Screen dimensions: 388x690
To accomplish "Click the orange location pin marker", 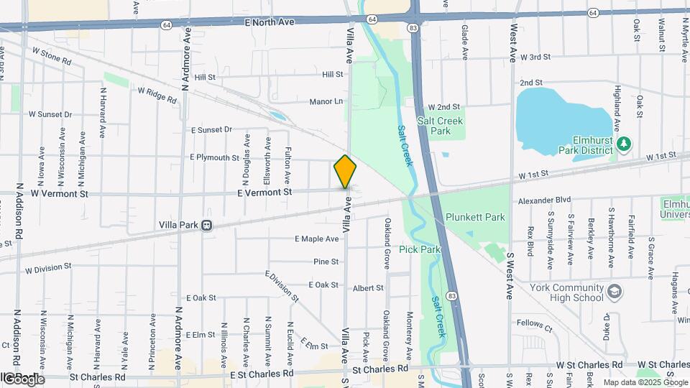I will (x=345, y=172).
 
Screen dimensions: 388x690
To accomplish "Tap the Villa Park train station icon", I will (x=207, y=225).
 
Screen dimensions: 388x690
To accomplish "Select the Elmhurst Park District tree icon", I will (x=623, y=144).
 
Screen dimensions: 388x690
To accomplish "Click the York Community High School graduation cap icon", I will (x=614, y=291).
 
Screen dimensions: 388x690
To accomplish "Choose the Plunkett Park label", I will (x=475, y=217).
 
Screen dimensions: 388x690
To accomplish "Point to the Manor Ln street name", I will (x=326, y=101).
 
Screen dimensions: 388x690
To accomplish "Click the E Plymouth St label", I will (x=214, y=157).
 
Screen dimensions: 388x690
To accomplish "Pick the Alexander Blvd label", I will (x=539, y=200).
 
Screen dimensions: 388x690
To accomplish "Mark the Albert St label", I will (x=368, y=288).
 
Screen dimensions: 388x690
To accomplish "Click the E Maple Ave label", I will (x=316, y=239).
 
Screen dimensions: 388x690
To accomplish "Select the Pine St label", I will (x=326, y=262).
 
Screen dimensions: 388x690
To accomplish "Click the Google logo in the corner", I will (x=23, y=379).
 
